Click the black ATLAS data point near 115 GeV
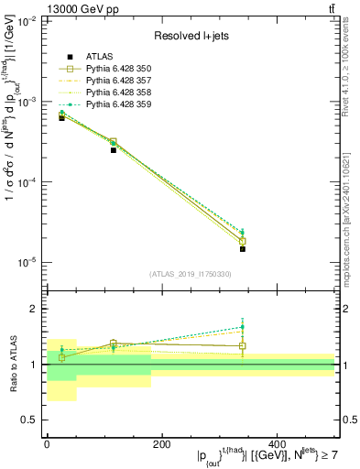[x=114, y=149]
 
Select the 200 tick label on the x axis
[x=161, y=443]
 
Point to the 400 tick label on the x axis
[x=276, y=443]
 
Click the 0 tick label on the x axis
[x=47, y=443]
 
